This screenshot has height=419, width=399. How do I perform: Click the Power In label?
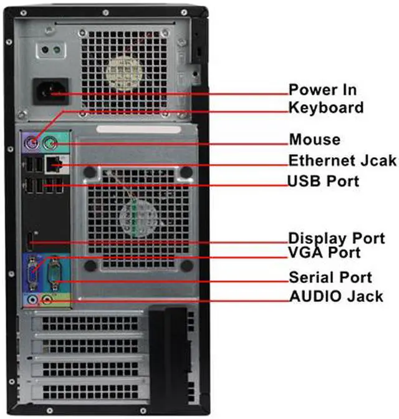322,89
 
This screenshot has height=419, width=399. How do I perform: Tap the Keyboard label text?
325,107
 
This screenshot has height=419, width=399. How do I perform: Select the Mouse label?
314,139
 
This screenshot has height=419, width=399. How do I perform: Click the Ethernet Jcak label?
342,160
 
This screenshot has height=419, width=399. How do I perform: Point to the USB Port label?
323,181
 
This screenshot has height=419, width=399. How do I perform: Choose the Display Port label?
336,238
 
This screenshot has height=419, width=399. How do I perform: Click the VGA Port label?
324,253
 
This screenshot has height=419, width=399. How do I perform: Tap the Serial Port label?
330,277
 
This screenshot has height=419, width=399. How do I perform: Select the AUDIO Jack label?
336,296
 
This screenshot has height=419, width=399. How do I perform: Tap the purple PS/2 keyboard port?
35,142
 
